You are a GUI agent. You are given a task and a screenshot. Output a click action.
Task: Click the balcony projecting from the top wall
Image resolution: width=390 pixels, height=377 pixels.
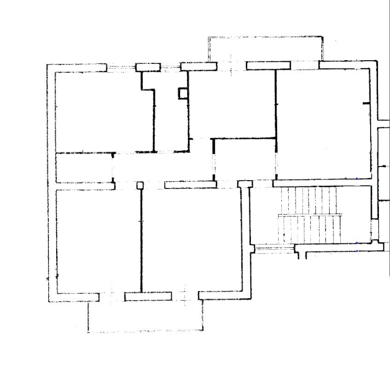(x=265, y=50)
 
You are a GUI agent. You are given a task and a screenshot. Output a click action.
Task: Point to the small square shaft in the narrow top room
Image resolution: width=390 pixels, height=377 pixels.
(x=183, y=93)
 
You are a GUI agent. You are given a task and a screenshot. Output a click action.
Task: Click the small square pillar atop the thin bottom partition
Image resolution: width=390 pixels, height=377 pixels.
(x=140, y=185)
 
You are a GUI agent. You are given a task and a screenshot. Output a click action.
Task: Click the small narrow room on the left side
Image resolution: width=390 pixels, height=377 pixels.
(x=84, y=168)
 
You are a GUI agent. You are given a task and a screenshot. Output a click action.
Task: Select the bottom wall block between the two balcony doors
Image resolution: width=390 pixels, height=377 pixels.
(x=147, y=297)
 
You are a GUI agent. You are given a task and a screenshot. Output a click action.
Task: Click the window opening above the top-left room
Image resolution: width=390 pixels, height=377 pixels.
(x=121, y=68)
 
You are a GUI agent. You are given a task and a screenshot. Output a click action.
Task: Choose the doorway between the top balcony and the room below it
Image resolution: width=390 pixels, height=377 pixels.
(x=231, y=66)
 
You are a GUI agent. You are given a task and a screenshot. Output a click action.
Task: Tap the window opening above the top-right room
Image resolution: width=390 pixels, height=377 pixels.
(x=304, y=65)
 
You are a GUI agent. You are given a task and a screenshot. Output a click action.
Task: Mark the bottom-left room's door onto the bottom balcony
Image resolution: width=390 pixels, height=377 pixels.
(x=111, y=297)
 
